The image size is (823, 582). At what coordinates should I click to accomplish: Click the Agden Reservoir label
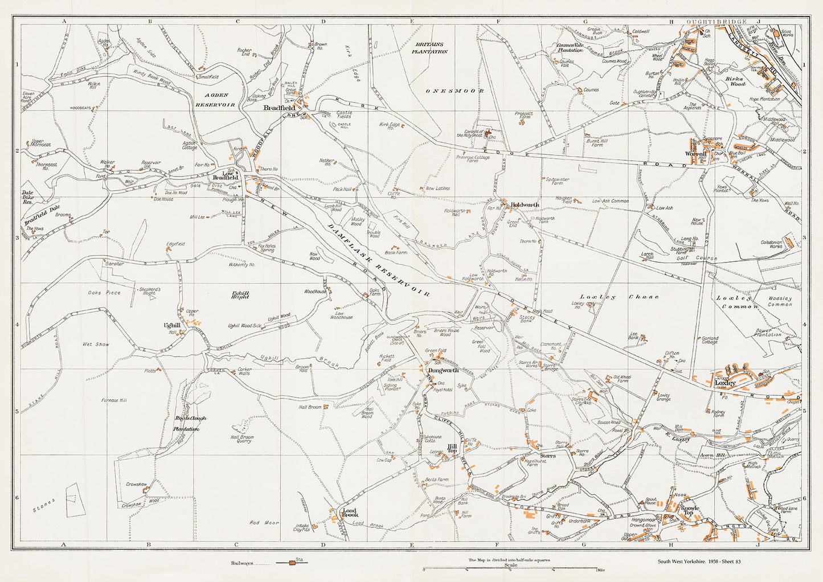tap(215, 100)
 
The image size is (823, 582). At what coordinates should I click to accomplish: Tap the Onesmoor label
tap(455, 91)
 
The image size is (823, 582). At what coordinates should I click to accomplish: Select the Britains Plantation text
tap(431, 48)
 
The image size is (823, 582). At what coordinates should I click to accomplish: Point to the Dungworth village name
tap(443, 370)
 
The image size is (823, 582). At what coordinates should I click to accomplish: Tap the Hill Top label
tap(452, 448)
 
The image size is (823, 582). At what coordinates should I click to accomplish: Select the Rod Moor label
tap(264, 522)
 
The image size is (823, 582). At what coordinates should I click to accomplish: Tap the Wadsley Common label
tap(780, 301)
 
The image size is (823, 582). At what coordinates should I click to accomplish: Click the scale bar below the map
tap(510, 569)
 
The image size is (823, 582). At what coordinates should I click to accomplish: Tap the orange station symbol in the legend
tap(292, 563)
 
